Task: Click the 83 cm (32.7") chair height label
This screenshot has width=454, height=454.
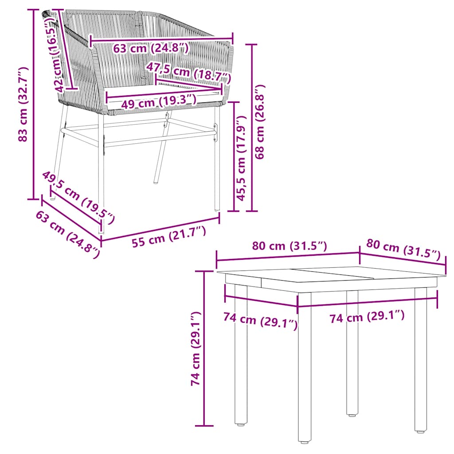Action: tap(23, 105)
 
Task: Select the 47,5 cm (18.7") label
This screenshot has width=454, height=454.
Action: tap(189, 72)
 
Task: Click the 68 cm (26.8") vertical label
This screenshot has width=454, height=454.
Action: tap(260, 122)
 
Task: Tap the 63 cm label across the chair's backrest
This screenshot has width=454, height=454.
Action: tap(151, 48)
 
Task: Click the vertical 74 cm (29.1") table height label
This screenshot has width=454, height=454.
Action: tap(196, 348)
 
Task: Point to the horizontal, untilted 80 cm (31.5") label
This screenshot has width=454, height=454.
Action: tap(290, 247)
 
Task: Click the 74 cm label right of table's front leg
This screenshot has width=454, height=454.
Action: tap(367, 317)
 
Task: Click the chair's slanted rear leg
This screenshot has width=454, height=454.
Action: tap(160, 155)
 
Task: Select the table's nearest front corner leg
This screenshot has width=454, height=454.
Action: tap(304, 368)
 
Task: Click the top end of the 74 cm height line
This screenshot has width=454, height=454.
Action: tap(204, 270)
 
